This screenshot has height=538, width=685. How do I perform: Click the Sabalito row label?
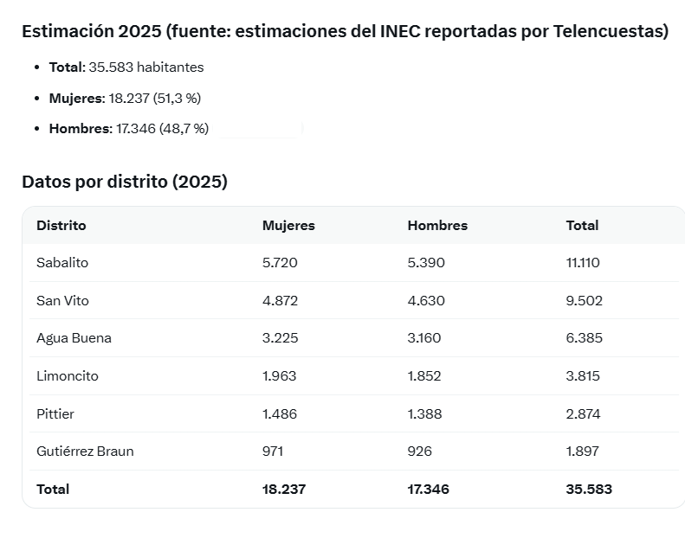[62, 263]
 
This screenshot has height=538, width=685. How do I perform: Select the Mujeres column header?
[288, 226]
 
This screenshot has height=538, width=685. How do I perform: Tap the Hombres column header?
[437, 226]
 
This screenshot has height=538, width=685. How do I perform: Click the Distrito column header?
[61, 226]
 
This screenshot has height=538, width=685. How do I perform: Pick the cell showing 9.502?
[584, 301]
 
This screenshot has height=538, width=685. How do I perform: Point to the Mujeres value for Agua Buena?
[280, 338]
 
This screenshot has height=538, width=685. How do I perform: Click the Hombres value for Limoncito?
[424, 376]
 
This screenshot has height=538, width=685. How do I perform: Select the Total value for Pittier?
[583, 413]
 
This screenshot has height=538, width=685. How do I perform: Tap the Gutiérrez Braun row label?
[85, 452]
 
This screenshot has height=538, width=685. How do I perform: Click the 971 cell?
[273, 452]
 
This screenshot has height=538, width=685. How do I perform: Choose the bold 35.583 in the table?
[589, 490]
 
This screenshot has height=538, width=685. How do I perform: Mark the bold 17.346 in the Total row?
[428, 490]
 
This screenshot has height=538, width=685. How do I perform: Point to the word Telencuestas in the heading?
[607, 31]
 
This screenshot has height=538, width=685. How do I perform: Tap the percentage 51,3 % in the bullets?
[177, 99]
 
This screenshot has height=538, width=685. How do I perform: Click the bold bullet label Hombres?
[81, 129]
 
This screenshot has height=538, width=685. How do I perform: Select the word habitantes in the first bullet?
[171, 67]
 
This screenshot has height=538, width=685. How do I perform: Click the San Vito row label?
[62, 301]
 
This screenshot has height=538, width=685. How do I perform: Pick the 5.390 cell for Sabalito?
[426, 263]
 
